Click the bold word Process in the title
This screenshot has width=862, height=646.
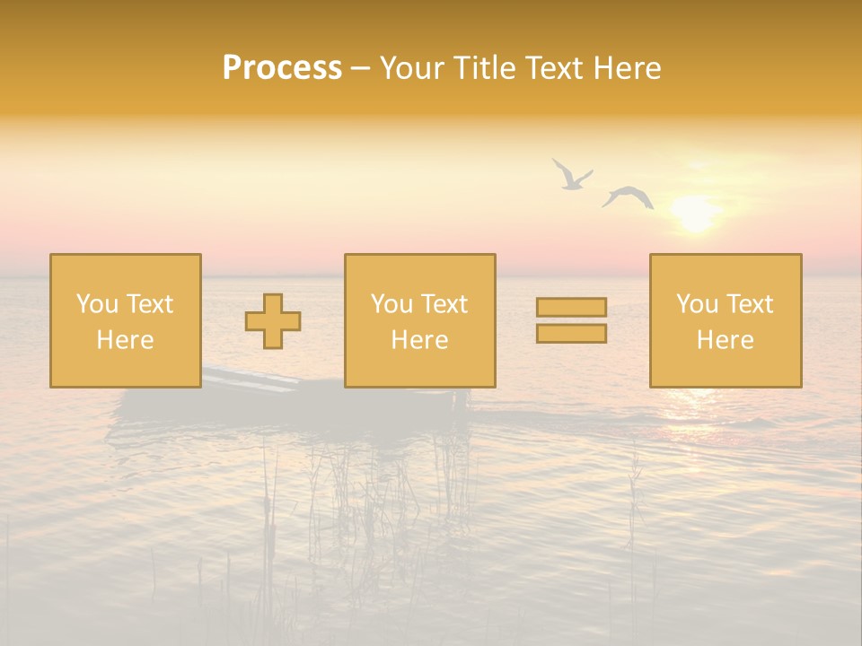pyautogui.click(x=282, y=68)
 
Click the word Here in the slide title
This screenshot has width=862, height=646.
pyautogui.click(x=628, y=68)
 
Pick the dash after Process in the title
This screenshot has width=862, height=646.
pyautogui.click(x=361, y=69)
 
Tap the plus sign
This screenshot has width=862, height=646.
pyautogui.click(x=273, y=321)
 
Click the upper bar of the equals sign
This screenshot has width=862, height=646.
pyautogui.click(x=571, y=307)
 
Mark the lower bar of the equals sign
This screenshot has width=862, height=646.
pyautogui.click(x=571, y=334)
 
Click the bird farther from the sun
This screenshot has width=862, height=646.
pyautogui.click(x=570, y=175)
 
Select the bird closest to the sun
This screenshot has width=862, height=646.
pyautogui.click(x=628, y=196)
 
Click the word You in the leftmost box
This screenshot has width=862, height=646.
pyautogui.click(x=97, y=304)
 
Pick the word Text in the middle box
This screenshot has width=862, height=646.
pyautogui.click(x=444, y=304)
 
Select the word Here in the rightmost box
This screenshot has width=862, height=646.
pyautogui.click(x=725, y=340)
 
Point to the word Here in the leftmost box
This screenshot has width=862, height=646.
pyautogui.click(x=125, y=340)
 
